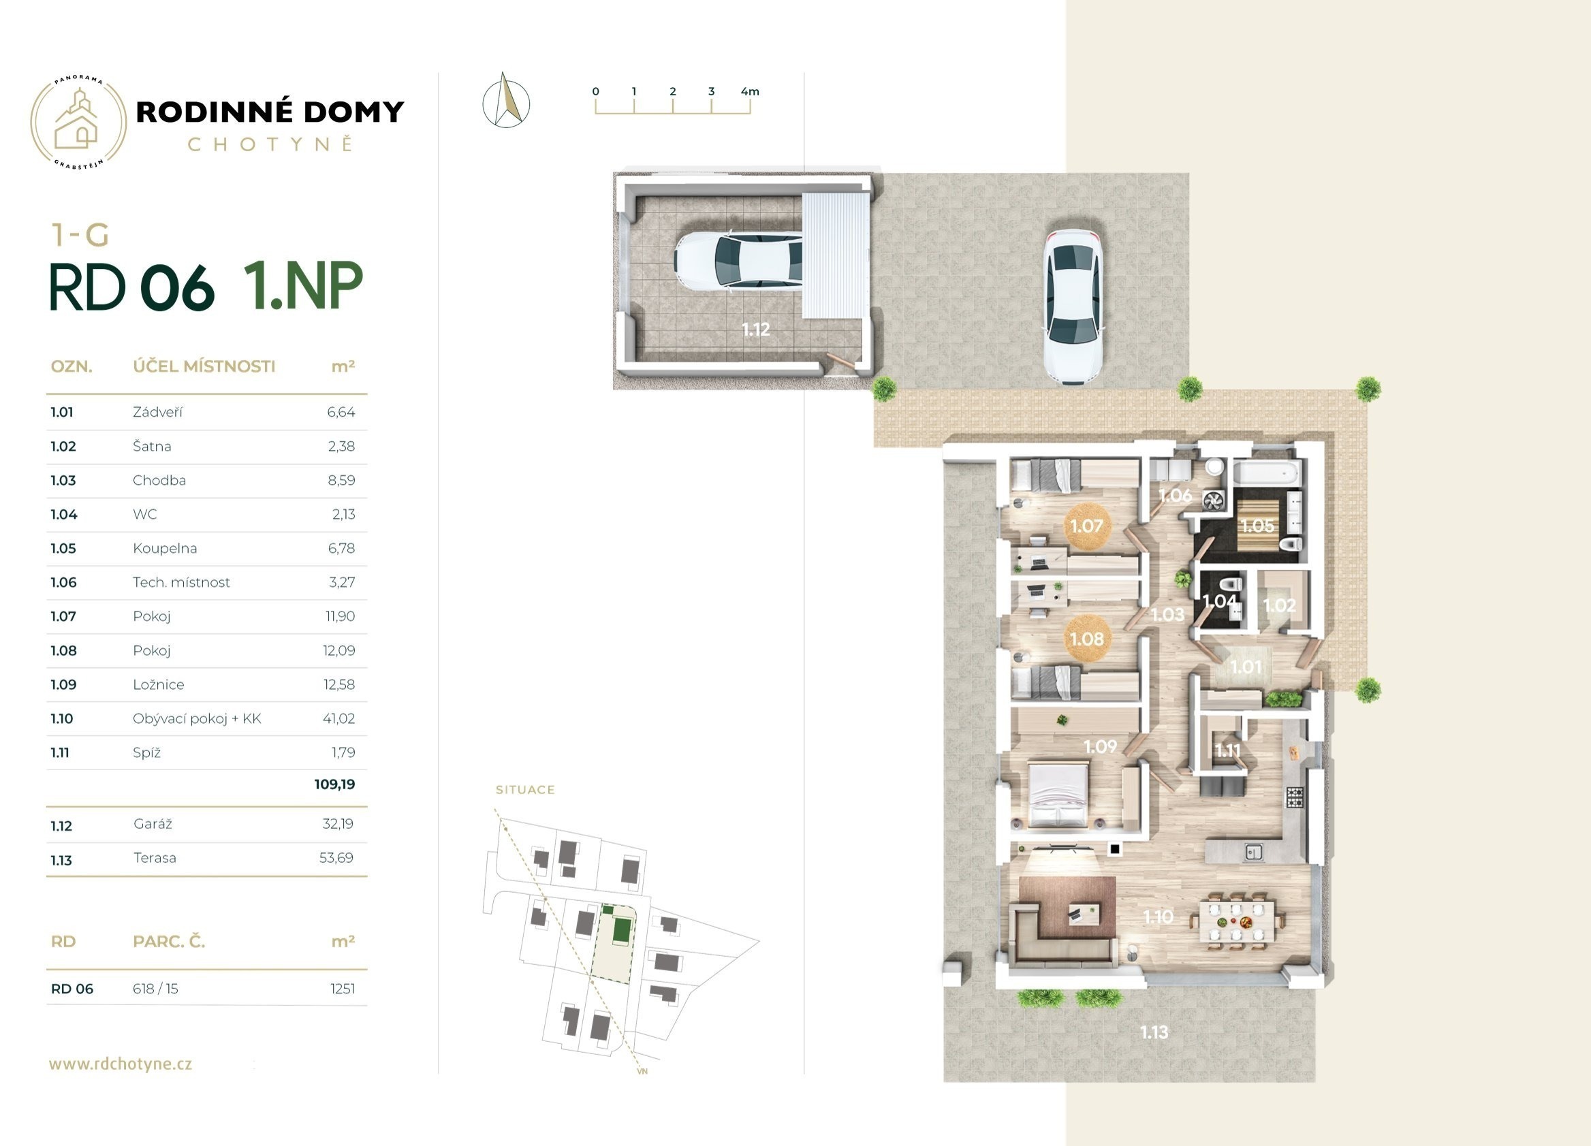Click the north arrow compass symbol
coord(506,101)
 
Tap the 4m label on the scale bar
coord(750,91)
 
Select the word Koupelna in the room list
coord(165,548)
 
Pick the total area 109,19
coord(334,784)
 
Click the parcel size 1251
coord(343,989)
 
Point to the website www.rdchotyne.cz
coord(120,1064)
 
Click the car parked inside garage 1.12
coord(738,260)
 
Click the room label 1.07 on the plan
coord(1086,525)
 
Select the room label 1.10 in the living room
coord(1159,917)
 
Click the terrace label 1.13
coord(1154,1032)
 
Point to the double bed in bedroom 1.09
coord(1058,795)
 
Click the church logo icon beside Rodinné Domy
coord(78,122)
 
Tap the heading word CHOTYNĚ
coord(270,144)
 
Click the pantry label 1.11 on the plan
coord(1227,750)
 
